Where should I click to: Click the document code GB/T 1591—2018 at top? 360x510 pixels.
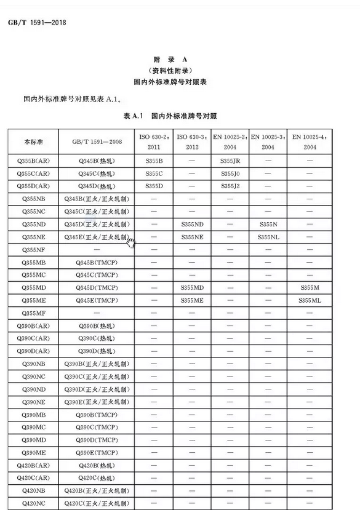pyautogui.click(x=37, y=23)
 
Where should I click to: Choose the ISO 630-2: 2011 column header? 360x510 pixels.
pyautogui.click(x=153, y=141)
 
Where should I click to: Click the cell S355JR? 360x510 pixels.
pyautogui.click(x=230, y=161)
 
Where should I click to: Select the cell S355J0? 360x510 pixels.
pyautogui.click(x=230, y=173)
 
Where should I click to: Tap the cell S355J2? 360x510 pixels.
pyautogui.click(x=230, y=186)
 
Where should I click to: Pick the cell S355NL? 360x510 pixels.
pyautogui.click(x=268, y=237)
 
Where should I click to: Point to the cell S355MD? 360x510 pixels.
pyautogui.click(x=192, y=288)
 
